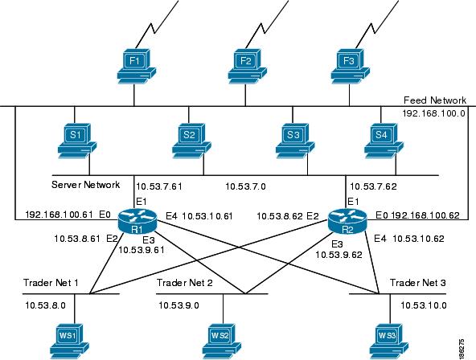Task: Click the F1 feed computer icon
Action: point(137,67)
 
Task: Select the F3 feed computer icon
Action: point(351,67)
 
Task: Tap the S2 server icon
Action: point(191,141)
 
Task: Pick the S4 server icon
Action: point(384,141)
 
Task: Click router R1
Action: point(137,221)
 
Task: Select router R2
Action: point(347,221)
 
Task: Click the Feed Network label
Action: point(435,100)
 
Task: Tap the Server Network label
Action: point(85,184)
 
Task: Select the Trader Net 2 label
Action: point(185,283)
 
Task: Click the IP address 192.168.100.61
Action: point(59,215)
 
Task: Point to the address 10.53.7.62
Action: point(373,186)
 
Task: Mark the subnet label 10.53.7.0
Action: point(245,186)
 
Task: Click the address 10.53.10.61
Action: point(207,216)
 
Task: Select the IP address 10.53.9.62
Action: point(339,255)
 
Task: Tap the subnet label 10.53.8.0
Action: point(45,305)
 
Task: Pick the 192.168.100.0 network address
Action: point(434,113)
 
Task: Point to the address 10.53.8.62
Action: point(280,216)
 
